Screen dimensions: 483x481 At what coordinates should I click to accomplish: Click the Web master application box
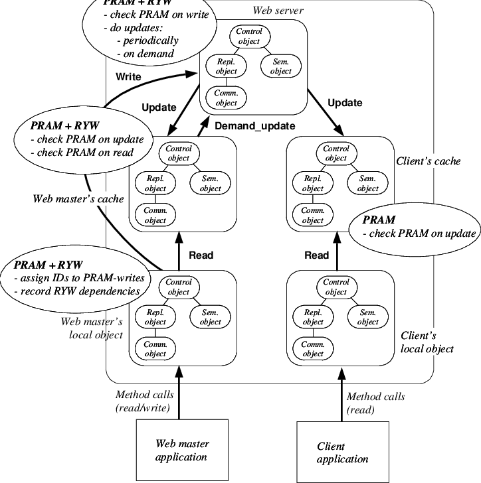[181, 450]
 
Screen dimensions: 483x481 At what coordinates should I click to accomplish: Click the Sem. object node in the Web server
[281, 66]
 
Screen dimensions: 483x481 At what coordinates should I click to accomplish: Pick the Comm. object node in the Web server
[226, 98]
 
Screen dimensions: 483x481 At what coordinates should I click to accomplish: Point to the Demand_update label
[254, 125]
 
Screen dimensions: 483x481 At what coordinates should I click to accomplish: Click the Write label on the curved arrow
[128, 76]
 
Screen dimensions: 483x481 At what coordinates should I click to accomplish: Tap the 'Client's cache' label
[428, 161]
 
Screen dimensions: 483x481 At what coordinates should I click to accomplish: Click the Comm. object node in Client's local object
[312, 349]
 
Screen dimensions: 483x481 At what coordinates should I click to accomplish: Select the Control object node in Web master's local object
[178, 287]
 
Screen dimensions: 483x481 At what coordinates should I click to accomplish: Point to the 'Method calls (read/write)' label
[143, 401]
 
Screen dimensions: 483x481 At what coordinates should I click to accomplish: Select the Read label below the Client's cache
[316, 255]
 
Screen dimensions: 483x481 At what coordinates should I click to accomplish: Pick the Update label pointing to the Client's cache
[345, 103]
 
